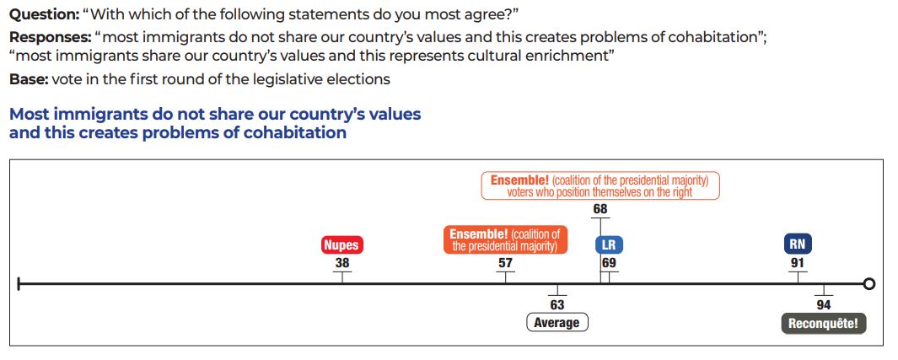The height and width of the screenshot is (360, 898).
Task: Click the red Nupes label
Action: pos(341,245)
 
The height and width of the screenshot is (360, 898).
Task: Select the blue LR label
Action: pos(609,245)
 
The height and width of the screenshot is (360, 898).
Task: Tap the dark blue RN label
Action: pos(797,244)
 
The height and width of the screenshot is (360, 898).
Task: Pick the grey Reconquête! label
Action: pos(823,324)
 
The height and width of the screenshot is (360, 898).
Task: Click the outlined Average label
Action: pos(557,323)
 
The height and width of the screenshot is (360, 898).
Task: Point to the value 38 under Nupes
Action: pos(341,263)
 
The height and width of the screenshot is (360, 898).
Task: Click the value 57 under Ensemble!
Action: pos(505,263)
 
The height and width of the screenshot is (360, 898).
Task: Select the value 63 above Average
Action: pos(557,305)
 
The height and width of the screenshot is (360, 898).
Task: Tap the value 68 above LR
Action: pos(600,209)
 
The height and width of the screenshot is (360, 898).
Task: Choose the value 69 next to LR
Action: pos(609,263)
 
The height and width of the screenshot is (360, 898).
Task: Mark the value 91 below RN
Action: pos(797,263)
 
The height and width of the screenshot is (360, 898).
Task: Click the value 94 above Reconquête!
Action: pos(824,305)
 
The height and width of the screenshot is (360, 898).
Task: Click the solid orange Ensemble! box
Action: pos(505,240)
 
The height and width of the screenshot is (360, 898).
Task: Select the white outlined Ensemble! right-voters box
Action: pos(600,185)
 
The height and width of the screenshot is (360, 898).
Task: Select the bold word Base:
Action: pos(28,79)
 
